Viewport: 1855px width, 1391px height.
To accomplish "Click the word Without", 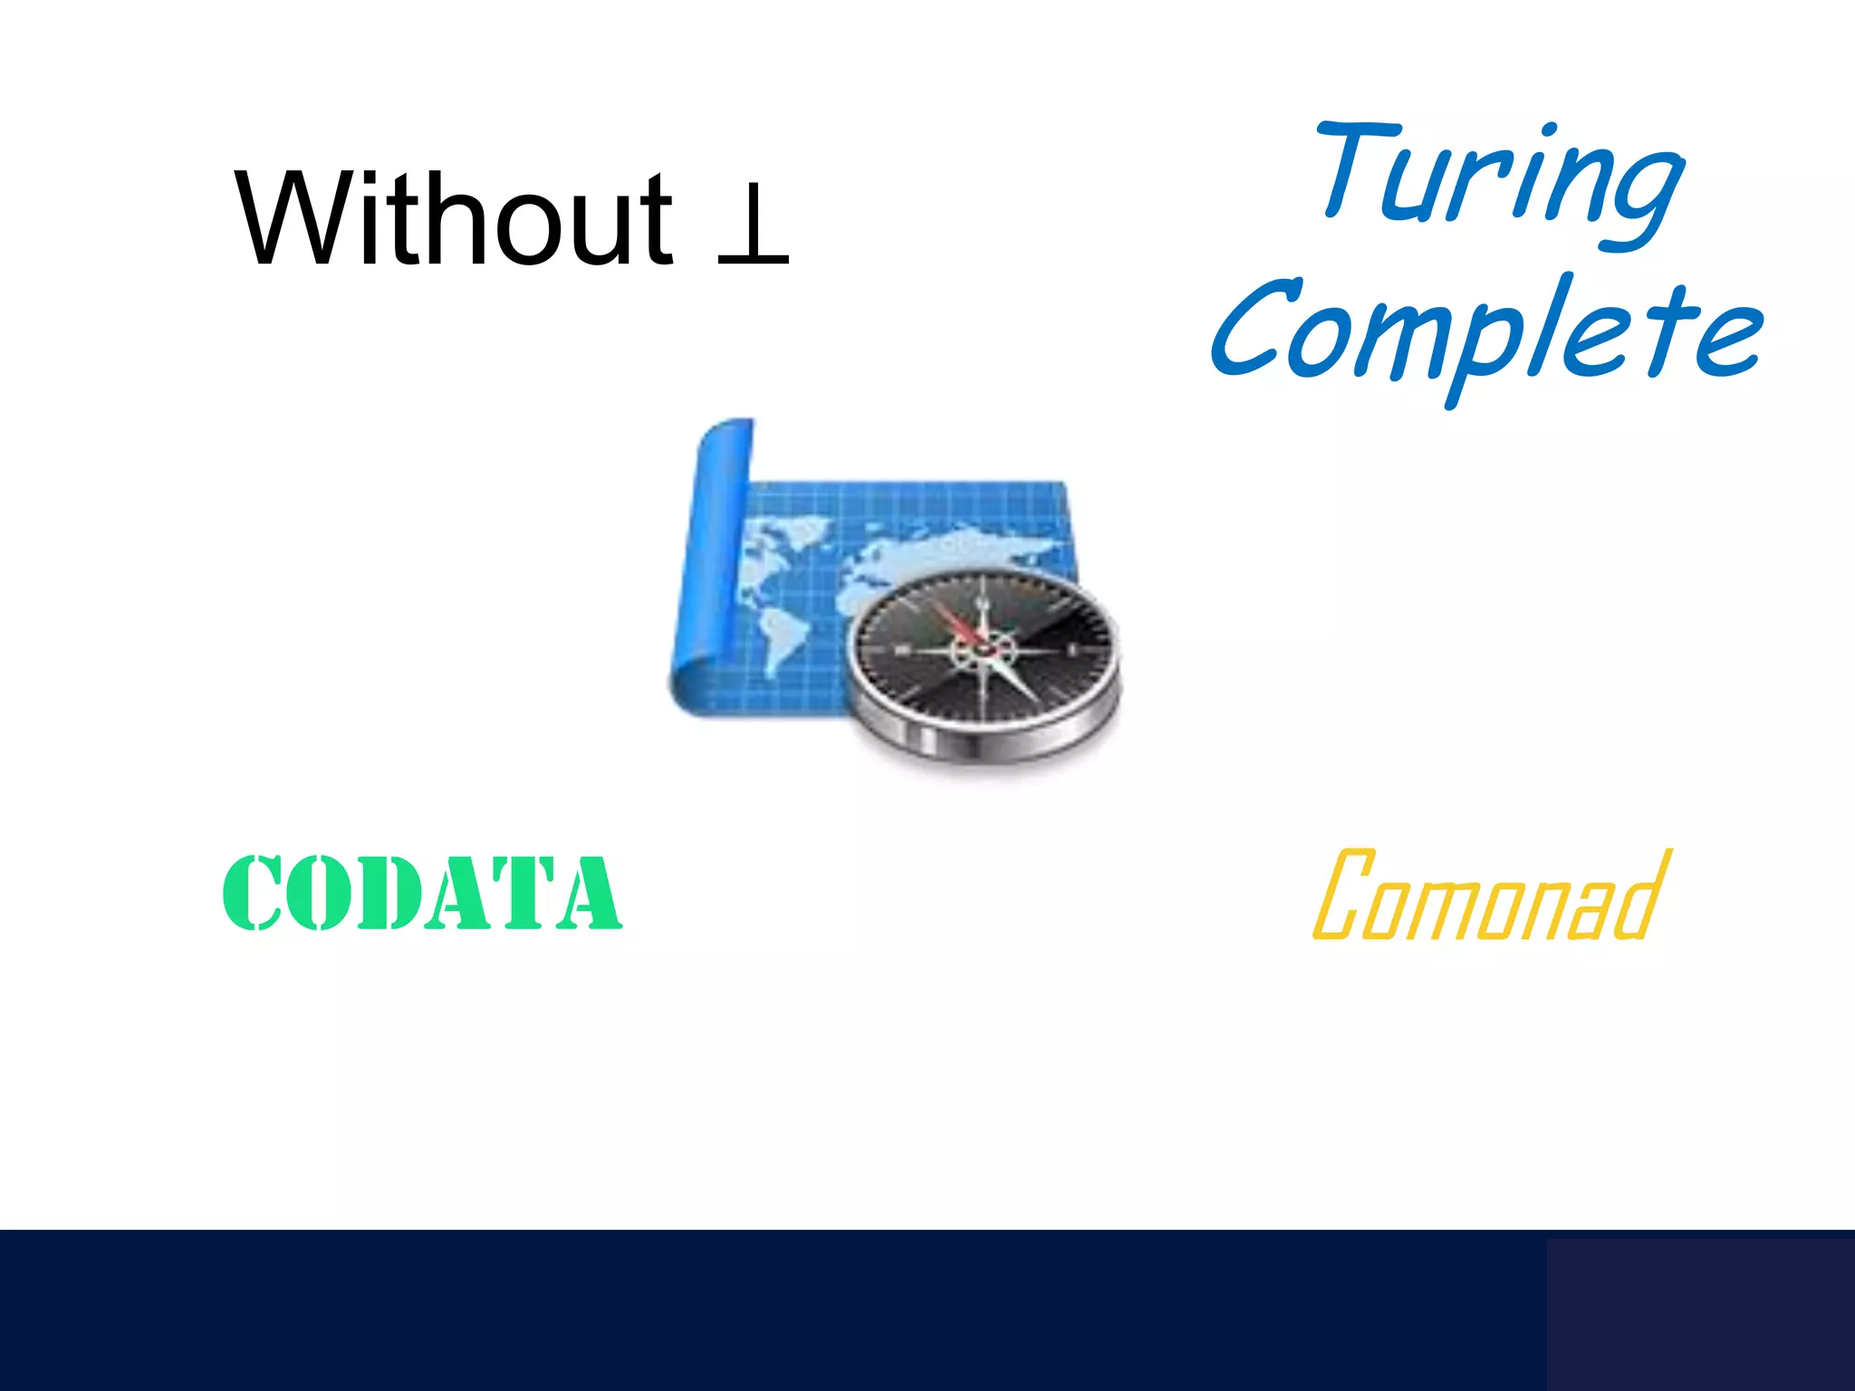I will tap(453, 219).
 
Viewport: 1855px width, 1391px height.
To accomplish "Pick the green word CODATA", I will tap(422, 893).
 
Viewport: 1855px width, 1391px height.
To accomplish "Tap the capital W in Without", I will tap(290, 219).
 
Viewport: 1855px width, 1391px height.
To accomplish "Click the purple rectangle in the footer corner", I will tap(1700, 1313).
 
